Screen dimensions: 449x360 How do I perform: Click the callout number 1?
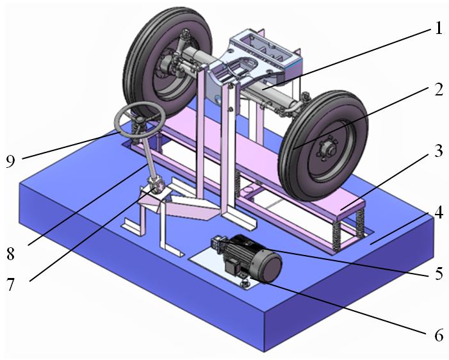[438, 28]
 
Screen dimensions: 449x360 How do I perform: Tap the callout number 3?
[438, 151]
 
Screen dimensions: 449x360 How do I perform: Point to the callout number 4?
[438, 212]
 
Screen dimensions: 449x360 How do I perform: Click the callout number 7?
[10, 284]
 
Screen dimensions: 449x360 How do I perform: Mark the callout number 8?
[10, 254]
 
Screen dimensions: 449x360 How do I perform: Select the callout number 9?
[10, 161]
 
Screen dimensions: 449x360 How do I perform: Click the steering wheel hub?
[140, 120]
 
